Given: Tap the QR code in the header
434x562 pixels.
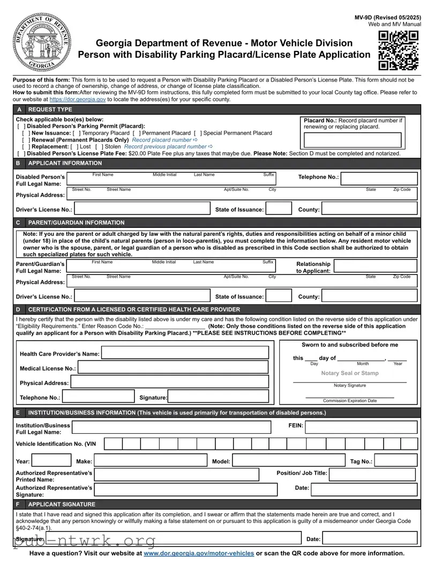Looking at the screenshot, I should click(398, 50).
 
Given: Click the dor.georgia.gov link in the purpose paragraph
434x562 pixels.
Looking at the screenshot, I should click(78, 99).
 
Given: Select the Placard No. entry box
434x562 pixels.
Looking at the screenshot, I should click(353, 139).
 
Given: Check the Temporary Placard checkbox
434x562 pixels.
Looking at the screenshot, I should click(75, 133).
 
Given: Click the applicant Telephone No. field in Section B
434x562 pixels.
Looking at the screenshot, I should click(379, 179).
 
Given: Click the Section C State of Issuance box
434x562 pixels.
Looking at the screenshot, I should click(279, 296).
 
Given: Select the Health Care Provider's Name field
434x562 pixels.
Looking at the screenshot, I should click(185, 353).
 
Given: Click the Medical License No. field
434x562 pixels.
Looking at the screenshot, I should click(173, 368).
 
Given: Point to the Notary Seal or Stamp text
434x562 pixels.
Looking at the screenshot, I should click(349, 373).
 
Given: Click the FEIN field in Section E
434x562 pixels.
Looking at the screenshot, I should click(361, 427).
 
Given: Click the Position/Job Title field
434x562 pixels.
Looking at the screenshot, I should click(373, 474).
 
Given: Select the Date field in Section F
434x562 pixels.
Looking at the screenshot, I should click(370, 538).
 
